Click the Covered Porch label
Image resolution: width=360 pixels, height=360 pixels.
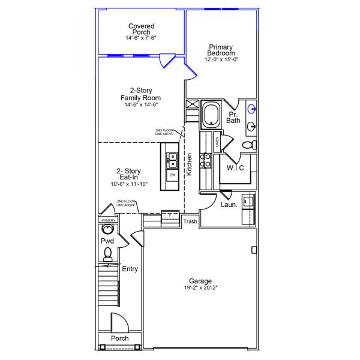pyautogui.click(x=141, y=29)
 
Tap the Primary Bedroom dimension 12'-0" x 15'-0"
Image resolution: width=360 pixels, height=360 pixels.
pyautogui.click(x=221, y=59)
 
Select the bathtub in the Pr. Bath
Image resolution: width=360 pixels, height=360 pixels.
pyautogui.click(x=211, y=115)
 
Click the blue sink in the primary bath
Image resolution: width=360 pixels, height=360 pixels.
pyautogui.click(x=252, y=109)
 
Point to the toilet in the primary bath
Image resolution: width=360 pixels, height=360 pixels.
pyautogui.click(x=250, y=145)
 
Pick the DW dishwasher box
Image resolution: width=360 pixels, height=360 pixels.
pyautogui.click(x=172, y=175)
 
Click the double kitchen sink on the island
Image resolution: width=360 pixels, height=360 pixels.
pyautogui.click(x=172, y=160)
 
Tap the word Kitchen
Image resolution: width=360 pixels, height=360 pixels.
pyautogui.click(x=189, y=164)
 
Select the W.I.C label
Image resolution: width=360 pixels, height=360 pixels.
pyautogui.click(x=235, y=167)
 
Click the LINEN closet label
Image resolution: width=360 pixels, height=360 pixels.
pyautogui.click(x=217, y=142)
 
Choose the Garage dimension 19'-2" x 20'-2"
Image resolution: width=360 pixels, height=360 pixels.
pyautogui.click(x=200, y=287)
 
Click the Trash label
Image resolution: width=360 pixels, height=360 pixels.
pyautogui.click(x=190, y=221)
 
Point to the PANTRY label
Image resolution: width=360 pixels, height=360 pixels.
pyautogui.click(x=109, y=220)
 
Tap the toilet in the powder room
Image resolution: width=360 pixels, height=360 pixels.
pyautogui.click(x=107, y=254)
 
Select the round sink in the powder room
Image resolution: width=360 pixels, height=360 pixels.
pyautogui.click(x=107, y=229)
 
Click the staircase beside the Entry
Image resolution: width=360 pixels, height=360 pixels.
pyautogui.click(x=109, y=285)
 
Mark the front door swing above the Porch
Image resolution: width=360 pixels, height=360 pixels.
pyautogui.click(x=119, y=322)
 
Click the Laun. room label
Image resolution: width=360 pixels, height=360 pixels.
pyautogui.click(x=229, y=205)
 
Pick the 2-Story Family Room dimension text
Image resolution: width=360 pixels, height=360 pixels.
pyautogui.click(x=141, y=104)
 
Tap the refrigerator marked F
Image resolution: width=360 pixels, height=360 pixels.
pyautogui.click(x=170, y=216)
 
